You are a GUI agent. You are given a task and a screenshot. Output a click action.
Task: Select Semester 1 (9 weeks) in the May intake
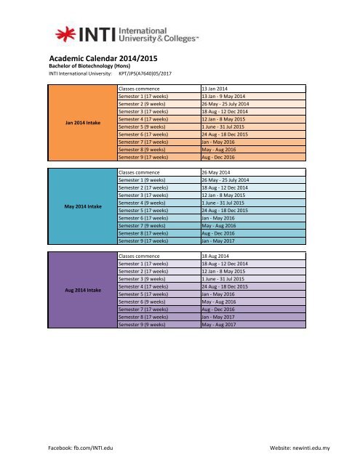(x=143, y=179)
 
